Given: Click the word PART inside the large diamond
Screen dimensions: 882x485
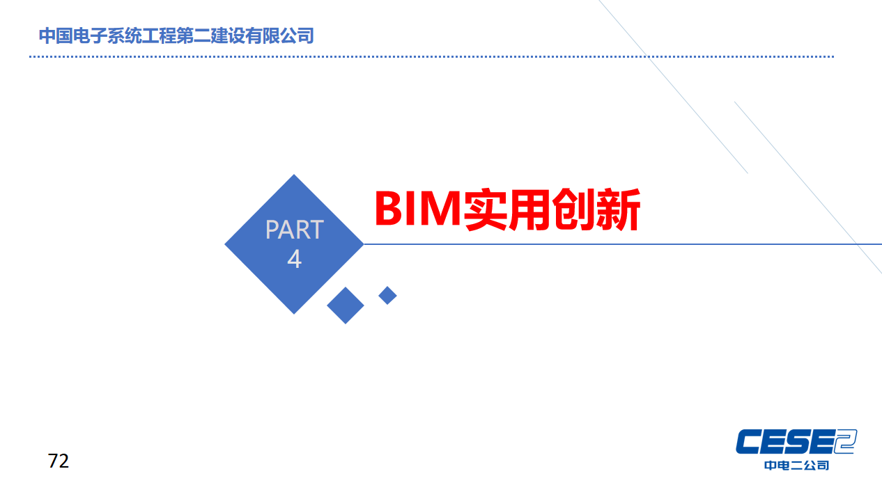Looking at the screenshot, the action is click(295, 230).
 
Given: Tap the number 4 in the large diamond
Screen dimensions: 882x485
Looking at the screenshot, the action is click(295, 259).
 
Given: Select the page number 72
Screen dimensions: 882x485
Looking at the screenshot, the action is click(59, 461).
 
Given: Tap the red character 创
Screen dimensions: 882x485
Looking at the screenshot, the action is click(573, 209).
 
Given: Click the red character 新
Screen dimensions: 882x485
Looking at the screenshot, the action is click(618, 209).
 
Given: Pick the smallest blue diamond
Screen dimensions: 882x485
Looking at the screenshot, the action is click(387, 296).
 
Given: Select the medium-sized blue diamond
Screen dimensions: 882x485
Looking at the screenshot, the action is click(346, 305).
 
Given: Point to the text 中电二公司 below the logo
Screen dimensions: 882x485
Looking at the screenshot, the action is click(796, 466).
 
